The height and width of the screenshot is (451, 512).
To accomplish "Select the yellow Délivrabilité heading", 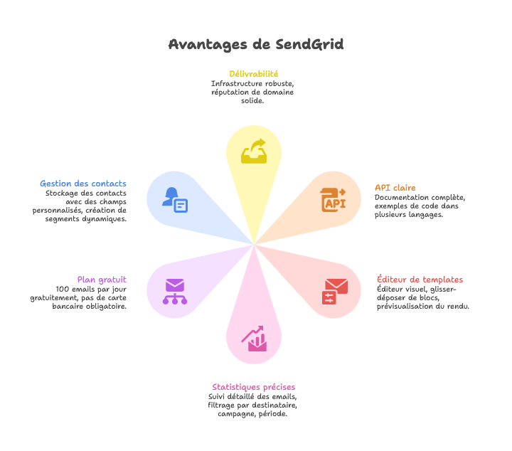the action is [253, 73].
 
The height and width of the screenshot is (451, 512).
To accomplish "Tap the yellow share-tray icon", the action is [253, 152].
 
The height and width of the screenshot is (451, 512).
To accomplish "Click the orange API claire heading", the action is [395, 188].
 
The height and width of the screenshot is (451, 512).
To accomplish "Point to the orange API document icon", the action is [333, 200].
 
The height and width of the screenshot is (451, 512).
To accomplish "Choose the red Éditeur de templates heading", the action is [420, 280].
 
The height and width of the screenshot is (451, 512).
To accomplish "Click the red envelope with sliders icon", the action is [335, 291].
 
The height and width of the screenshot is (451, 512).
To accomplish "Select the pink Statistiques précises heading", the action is [253, 387].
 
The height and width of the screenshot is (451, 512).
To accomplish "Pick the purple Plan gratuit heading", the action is [102, 280].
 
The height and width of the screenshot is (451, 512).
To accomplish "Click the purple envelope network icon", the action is [174, 291].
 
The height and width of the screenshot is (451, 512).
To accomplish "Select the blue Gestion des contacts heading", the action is [83, 184].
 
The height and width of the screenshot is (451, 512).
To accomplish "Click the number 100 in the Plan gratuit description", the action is [64, 289].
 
